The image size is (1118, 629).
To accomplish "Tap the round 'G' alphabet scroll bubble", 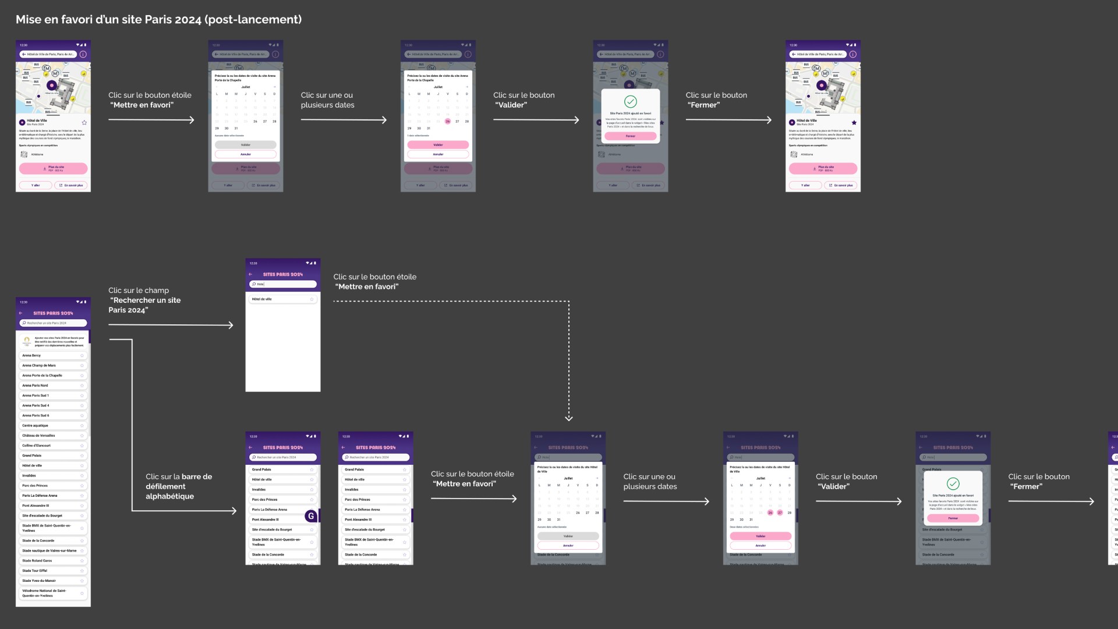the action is click(311, 516).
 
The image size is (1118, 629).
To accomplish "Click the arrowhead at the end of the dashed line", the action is click(569, 418).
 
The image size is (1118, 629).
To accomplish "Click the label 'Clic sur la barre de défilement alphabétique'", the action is click(179, 486).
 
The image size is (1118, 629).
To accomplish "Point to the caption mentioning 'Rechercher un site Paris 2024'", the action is click(145, 300).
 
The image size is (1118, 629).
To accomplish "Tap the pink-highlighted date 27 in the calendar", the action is click(780, 513).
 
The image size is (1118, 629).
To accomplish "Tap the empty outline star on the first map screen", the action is click(84, 122).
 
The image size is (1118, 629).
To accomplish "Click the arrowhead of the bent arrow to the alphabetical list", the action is click(234, 511).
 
